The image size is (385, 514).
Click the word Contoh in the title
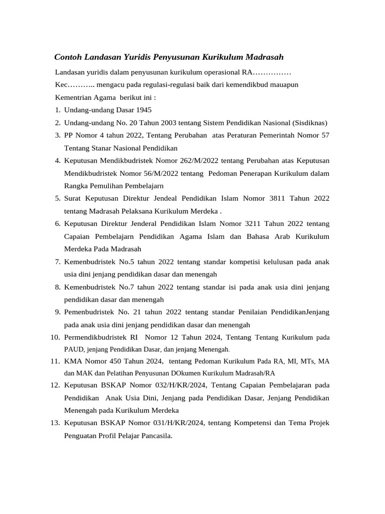click(68, 57)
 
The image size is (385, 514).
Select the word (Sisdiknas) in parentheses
click(310, 122)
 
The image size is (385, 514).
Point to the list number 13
click(55, 423)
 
